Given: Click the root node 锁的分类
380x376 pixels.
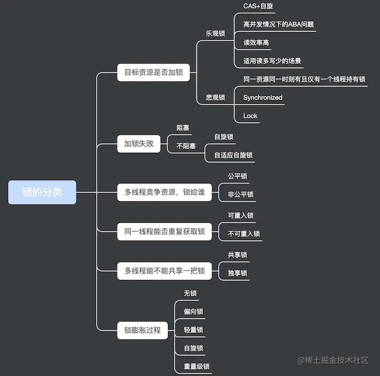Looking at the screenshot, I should click(42, 192).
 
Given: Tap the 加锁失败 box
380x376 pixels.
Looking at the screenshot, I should click(139, 143).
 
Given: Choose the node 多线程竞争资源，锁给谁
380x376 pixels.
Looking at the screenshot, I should click(164, 192).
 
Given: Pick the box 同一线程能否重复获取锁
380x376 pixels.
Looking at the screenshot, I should click(164, 231).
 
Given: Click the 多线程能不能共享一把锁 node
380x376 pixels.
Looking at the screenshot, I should click(164, 271).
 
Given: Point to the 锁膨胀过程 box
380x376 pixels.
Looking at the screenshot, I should click(142, 330).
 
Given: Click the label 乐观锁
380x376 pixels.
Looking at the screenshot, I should click(215, 34).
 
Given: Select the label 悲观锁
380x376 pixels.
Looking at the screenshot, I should click(215, 98).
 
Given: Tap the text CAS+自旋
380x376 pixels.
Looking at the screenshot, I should click(258, 6).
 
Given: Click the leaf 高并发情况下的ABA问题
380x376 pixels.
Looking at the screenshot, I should click(278, 24).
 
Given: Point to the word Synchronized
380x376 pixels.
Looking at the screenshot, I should click(263, 98).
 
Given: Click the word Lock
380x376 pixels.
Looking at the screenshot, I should click(250, 116).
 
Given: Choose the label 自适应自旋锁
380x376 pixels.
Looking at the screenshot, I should click(233, 155).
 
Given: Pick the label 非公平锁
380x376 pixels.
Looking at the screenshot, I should click(240, 194).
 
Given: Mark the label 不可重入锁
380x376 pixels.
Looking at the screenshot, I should click(244, 234).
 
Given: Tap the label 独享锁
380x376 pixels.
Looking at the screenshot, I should click(237, 273).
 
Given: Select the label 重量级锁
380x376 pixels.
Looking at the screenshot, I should click(197, 367).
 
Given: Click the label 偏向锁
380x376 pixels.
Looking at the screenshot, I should click(193, 312).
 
